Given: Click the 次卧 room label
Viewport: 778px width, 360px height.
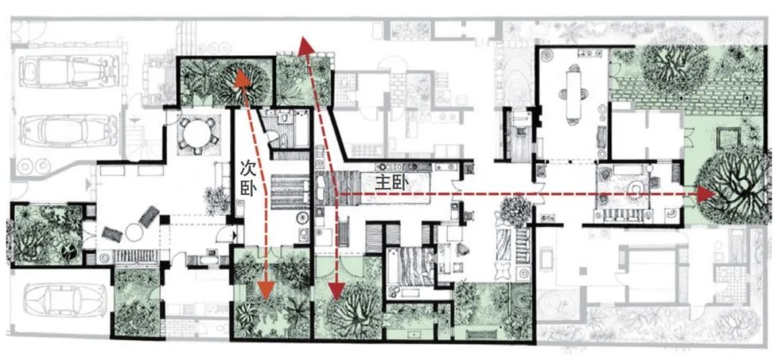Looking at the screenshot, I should coord(247,179).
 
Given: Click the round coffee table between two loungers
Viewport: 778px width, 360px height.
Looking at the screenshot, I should coord(135,232).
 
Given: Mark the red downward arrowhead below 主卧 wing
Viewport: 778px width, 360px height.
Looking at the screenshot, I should coord(335,290).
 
